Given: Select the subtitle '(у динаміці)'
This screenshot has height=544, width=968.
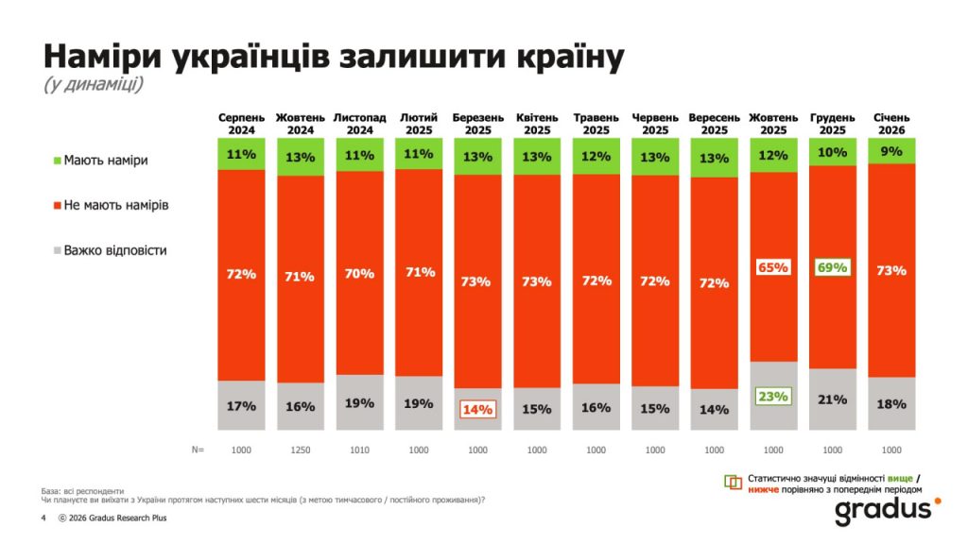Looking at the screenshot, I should pos(93,85).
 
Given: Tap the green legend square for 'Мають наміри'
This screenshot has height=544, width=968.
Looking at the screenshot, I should pos(57,161).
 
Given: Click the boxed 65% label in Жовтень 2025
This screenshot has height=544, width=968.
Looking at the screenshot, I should pos(773,268).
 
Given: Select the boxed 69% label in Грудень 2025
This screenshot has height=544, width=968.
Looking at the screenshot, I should pos(832,268).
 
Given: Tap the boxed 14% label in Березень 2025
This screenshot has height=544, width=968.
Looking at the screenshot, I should pos(477,410).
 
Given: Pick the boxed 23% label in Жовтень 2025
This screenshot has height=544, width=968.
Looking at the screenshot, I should pos(773,397).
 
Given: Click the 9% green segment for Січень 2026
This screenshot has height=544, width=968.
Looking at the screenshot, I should pos(890,150).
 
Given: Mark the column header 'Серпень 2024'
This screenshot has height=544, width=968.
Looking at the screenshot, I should pos(242,124).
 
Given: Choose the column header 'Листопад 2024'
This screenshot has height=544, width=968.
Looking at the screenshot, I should pos(359,124).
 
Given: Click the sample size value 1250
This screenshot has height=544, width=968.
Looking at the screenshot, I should pos(301,450).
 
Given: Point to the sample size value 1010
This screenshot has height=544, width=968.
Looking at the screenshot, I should pos(359,450).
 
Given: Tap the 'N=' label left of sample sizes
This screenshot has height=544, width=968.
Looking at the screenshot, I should pos(197,450).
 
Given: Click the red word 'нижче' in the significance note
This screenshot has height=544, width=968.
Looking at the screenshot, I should pos(765,490).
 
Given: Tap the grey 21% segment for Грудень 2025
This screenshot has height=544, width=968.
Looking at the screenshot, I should pos(832,399).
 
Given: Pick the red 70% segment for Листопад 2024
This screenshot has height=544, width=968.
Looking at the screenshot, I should pos(359,274).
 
